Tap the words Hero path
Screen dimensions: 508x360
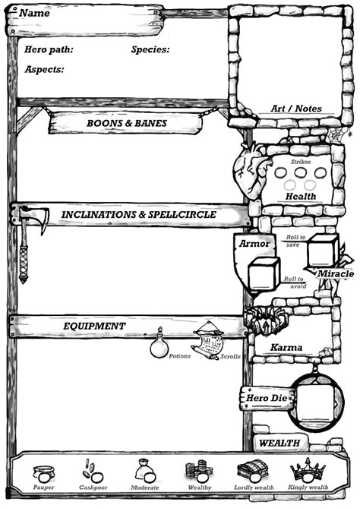(x=49, y=49)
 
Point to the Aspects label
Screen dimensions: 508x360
(x=44, y=69)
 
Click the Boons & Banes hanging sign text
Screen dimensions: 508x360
(x=127, y=122)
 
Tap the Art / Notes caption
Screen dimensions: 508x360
(x=296, y=109)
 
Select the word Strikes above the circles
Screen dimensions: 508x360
(x=301, y=161)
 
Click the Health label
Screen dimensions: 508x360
(x=301, y=196)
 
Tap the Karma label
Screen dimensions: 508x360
(x=286, y=347)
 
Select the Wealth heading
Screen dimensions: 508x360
(x=279, y=443)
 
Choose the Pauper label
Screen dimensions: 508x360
(x=44, y=487)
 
